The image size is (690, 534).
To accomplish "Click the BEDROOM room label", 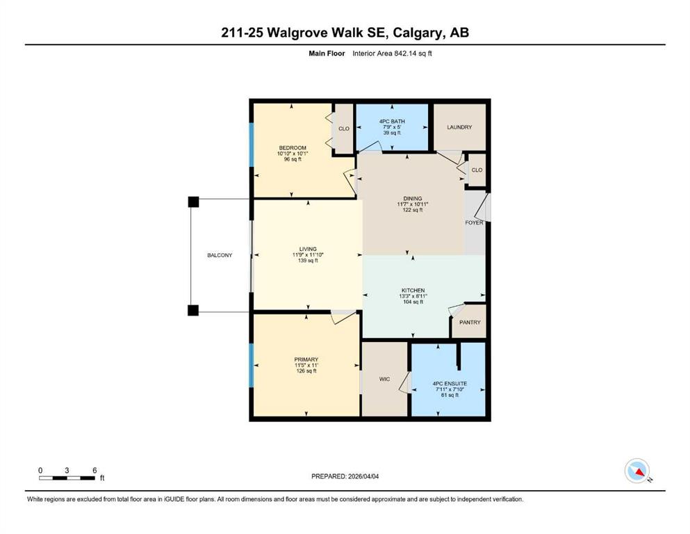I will [x=293, y=147].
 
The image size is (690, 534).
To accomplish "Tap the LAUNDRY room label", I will [x=459, y=127].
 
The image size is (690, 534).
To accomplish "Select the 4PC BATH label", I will [x=392, y=122].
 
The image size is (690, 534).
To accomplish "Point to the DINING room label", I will [x=413, y=198].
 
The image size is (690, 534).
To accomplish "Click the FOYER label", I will [x=474, y=222].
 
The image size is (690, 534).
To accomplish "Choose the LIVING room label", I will [x=308, y=249].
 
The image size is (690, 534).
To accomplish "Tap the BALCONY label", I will [x=220, y=255].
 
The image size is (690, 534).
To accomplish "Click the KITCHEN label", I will [x=413, y=290].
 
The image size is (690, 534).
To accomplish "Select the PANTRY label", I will [x=470, y=323].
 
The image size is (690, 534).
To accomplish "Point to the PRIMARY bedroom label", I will [x=306, y=359].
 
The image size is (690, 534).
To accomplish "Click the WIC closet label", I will [x=384, y=379].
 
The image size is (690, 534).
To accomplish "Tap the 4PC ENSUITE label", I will [x=449, y=383].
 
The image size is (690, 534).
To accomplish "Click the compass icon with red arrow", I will [x=637, y=471].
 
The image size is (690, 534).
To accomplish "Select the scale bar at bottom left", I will [x=67, y=478].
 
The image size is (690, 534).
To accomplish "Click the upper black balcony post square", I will [x=193, y=202].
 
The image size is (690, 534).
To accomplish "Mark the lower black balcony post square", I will [x=193, y=310].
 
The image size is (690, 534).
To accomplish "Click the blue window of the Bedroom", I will [x=252, y=145].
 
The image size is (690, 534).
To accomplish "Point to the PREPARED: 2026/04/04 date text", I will [x=345, y=476].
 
